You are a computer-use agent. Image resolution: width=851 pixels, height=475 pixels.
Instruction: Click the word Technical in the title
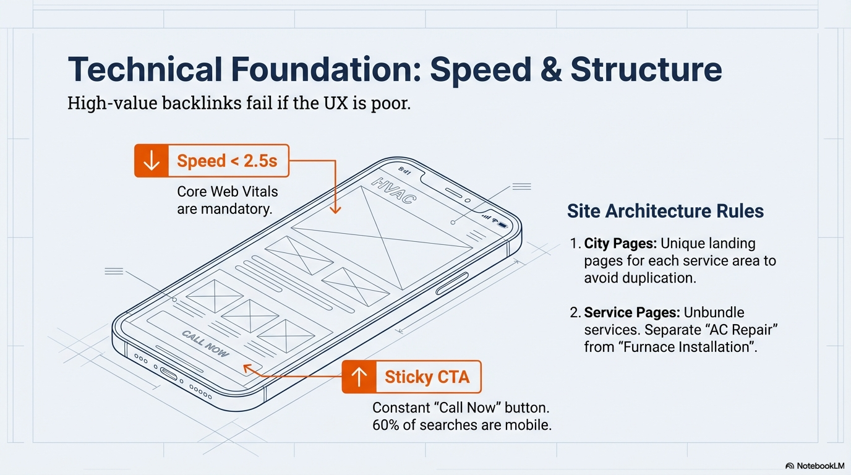[x=145, y=69]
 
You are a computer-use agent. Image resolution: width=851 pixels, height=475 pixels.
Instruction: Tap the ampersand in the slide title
[x=550, y=69]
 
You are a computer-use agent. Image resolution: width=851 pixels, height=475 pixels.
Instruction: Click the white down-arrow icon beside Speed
[x=151, y=161]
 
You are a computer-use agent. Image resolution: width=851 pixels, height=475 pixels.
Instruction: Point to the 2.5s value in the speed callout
[x=260, y=161]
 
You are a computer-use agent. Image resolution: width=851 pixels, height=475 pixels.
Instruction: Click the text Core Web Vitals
[x=228, y=192]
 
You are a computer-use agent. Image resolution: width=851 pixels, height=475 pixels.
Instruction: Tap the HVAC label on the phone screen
[x=393, y=190]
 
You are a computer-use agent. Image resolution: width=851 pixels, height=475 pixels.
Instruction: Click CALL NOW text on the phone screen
[x=205, y=344]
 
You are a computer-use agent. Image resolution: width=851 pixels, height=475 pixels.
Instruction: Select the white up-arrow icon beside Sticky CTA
[x=359, y=377]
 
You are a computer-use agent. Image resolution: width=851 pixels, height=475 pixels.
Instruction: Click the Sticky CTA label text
[x=427, y=377]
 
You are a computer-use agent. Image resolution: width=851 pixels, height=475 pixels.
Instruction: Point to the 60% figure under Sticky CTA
[x=386, y=425]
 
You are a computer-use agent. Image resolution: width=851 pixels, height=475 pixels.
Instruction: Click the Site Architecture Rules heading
[x=665, y=211]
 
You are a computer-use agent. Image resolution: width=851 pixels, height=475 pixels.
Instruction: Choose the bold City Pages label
[x=620, y=243]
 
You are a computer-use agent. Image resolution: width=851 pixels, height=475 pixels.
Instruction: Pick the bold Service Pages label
[x=632, y=312]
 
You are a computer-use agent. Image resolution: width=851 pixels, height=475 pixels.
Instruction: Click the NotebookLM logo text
[x=820, y=466]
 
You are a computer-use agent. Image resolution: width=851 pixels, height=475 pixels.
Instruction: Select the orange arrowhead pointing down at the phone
[x=335, y=210]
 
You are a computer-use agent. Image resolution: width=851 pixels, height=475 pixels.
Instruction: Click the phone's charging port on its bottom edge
[x=168, y=374]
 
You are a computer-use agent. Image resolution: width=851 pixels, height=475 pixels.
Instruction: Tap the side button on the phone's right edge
[x=451, y=283]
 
